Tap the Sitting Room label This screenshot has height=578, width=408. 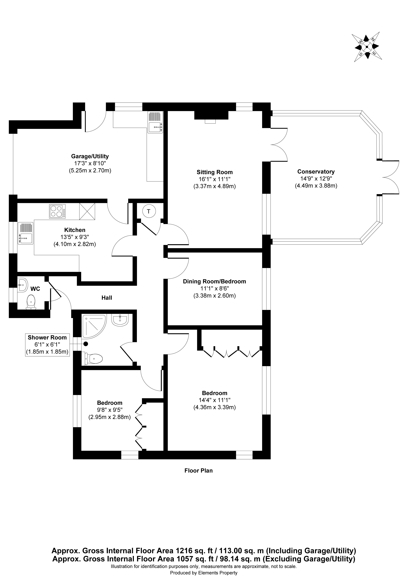click(x=215, y=172)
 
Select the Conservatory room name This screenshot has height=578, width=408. click(x=316, y=172)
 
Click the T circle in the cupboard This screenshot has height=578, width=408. click(x=148, y=211)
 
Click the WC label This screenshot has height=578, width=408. click(x=35, y=289)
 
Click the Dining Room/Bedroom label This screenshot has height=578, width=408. click(x=214, y=281)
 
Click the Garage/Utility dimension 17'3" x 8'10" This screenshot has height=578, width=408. click(x=90, y=163)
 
